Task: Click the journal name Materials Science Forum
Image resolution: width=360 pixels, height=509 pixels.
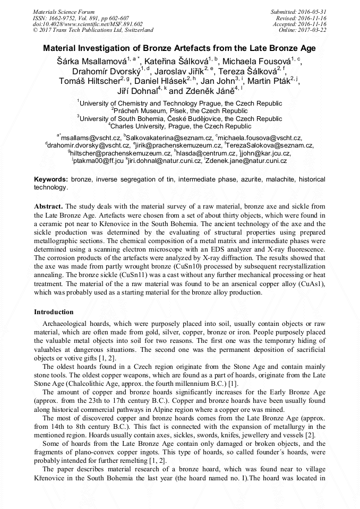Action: pyautogui.click(x=64, y=11)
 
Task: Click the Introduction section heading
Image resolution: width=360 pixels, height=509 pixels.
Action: pyautogui.click(x=54, y=312)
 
